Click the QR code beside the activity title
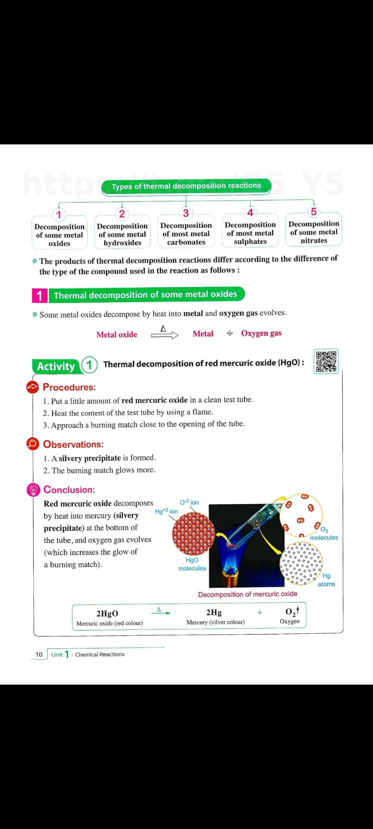326,361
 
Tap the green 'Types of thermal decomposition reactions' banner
186,186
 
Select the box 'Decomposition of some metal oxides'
59,235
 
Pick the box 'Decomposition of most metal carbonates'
186,234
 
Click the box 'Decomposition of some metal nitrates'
314,232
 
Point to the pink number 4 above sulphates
250,212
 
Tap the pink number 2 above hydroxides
122,214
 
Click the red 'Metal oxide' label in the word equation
117,334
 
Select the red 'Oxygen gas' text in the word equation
261,333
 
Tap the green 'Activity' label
56,366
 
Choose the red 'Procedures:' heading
69,387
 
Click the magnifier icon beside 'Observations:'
33,444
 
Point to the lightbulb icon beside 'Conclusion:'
33,490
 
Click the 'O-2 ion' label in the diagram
189,502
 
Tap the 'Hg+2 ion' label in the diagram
166,511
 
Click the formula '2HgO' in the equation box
107,613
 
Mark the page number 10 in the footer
39,654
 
